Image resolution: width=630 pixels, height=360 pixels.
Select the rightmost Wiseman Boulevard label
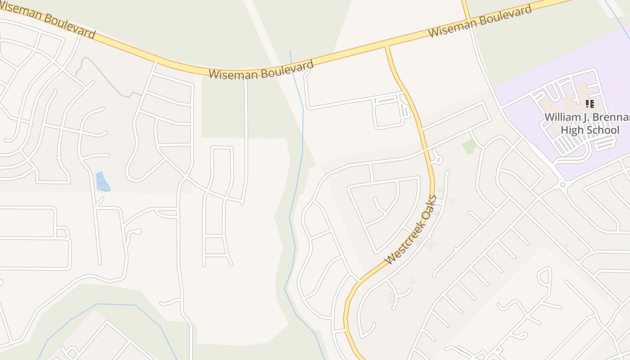pos(480,22)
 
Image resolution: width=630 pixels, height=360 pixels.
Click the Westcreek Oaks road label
pos(411,230)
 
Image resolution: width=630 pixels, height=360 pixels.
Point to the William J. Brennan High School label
pos(587,124)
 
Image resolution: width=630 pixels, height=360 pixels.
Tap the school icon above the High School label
pos(589,104)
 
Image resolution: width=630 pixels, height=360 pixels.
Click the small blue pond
pos(103,181)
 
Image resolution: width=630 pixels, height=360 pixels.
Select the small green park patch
pos(469,146)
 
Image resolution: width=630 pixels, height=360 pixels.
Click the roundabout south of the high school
pos(562,185)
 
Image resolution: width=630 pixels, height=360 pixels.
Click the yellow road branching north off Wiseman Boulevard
pos(466,9)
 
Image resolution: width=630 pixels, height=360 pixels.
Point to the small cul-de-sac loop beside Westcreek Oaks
pos(436,158)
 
